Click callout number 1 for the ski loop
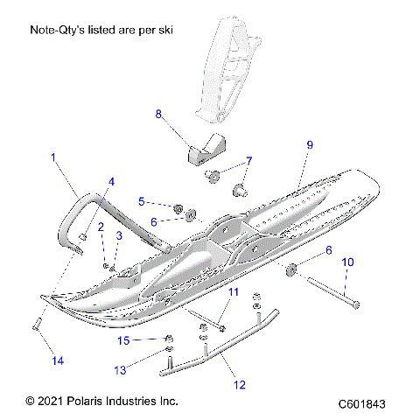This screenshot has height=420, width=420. [52, 158]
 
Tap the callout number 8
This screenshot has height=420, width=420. [158, 114]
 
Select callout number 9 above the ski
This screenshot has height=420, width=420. [309, 143]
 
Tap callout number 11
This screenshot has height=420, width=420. [234, 291]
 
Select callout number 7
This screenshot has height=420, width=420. [248, 161]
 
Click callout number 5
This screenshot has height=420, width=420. [140, 201]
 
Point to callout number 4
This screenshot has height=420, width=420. [110, 181]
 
